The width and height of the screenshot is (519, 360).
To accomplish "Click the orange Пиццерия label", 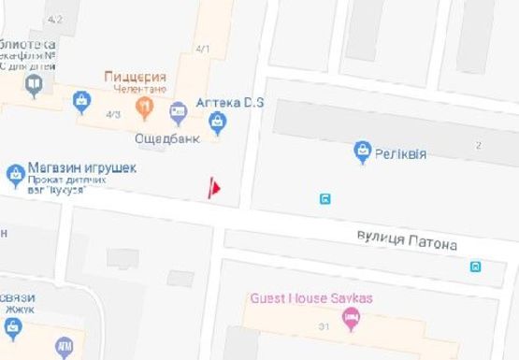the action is [x=135, y=77].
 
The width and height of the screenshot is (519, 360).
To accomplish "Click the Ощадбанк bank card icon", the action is [x=178, y=114].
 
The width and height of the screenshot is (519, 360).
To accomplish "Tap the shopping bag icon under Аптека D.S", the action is [x=217, y=121].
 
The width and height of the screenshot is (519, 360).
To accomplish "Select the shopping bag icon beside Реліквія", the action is [x=362, y=150].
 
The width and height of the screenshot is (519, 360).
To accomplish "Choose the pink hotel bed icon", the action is [x=352, y=320].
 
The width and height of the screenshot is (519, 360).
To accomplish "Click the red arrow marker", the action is [x=214, y=188].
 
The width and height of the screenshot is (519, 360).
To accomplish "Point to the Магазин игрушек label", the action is [x=82, y=167].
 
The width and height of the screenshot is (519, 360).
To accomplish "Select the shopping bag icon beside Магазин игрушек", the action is [x=15, y=174].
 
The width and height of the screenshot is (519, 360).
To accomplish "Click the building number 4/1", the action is [x=203, y=49].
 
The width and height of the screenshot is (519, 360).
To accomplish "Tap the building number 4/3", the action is [x=114, y=115].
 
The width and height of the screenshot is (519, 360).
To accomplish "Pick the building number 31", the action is [x=323, y=325].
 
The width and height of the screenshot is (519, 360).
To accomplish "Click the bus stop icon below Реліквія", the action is [x=325, y=198].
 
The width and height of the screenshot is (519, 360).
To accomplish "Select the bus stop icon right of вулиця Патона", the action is [x=475, y=266].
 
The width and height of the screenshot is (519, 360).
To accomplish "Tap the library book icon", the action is [x=35, y=85].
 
